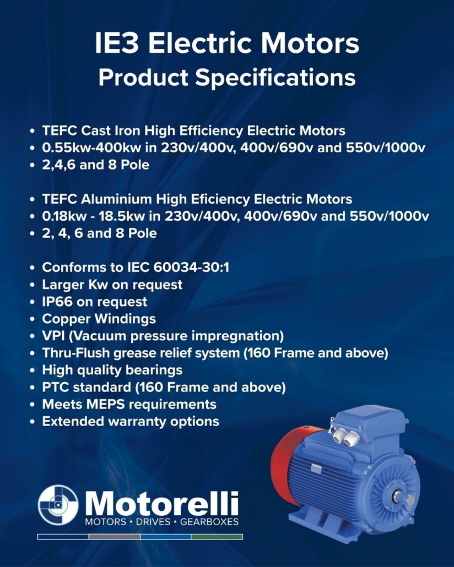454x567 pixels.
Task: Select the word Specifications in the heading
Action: [275, 78]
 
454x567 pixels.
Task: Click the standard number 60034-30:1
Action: [191, 268]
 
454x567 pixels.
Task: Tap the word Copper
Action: [66, 319]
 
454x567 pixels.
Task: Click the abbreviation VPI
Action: [53, 336]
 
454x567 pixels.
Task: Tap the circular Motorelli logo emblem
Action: [58, 504]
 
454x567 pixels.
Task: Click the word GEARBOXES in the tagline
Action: [209, 522]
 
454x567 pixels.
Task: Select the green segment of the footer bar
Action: [217, 537]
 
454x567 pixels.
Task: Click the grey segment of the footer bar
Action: [115, 537]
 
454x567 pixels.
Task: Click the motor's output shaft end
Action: [409, 500]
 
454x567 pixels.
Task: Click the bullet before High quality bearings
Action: [33, 370]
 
